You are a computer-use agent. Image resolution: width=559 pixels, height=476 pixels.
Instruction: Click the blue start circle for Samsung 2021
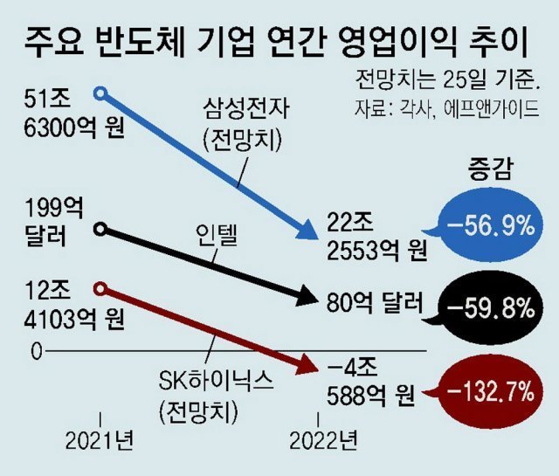[100, 92]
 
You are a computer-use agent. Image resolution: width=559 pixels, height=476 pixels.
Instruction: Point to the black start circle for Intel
[100, 230]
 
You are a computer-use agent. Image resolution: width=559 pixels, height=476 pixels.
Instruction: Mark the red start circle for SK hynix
[100, 288]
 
